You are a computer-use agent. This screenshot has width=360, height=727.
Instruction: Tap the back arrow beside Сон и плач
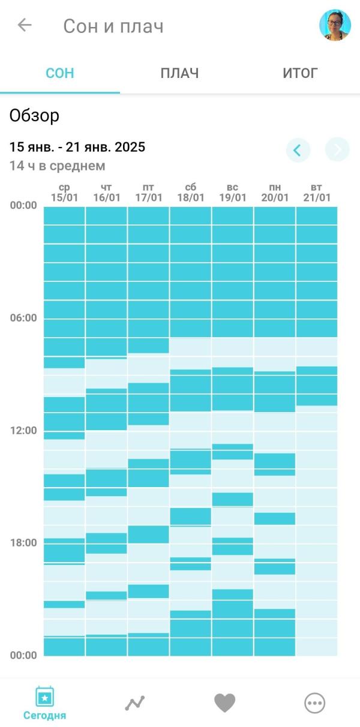click(x=25, y=25)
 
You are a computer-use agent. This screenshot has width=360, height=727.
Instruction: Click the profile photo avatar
click(x=334, y=25)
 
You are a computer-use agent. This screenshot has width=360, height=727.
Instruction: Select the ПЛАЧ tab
click(x=179, y=74)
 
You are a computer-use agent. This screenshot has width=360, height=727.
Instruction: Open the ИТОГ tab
click(x=300, y=74)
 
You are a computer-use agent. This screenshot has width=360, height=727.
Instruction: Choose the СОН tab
click(x=60, y=74)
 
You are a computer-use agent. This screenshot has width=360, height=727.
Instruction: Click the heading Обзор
click(x=35, y=116)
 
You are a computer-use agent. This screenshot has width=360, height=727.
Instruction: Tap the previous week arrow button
click(x=298, y=150)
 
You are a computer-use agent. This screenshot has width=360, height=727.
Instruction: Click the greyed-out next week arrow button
click(x=337, y=150)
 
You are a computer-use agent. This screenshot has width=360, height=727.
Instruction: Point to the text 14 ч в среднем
click(x=58, y=166)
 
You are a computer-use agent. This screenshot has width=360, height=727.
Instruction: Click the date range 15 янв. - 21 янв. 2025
click(x=77, y=148)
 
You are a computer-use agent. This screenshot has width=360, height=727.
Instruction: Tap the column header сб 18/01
click(x=191, y=193)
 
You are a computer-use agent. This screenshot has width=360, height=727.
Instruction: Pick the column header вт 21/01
click(x=317, y=193)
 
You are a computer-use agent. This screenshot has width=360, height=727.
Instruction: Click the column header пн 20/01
click(x=275, y=193)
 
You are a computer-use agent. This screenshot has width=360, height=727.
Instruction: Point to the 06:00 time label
click(x=23, y=318)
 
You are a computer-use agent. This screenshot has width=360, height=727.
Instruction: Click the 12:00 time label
click(x=23, y=430)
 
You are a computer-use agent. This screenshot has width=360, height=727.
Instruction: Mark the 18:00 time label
click(x=23, y=543)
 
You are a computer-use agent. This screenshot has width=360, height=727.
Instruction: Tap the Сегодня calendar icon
click(x=45, y=697)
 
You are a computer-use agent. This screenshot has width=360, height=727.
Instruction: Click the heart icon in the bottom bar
click(x=225, y=703)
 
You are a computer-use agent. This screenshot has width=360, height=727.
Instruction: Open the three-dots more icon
click(x=314, y=703)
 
